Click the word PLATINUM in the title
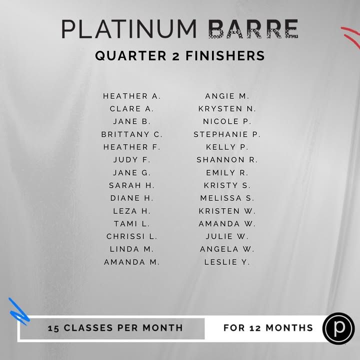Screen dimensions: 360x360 (129, 29)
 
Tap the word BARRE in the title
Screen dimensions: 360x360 (253, 29)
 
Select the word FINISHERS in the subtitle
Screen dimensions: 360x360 (225, 56)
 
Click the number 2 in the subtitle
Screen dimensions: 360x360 (176, 56)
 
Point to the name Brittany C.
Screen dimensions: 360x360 (132, 134)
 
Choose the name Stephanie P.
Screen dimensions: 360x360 (227, 134)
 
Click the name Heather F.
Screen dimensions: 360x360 (132, 147)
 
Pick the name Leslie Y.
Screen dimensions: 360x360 (227, 262)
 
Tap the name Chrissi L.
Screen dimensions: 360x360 (132, 236)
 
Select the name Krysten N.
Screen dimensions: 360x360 (227, 108)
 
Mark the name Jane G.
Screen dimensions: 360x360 (132, 172)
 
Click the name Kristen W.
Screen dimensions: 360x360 (227, 211)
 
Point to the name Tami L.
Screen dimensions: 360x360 (132, 223)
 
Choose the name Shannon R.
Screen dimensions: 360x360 (227, 160)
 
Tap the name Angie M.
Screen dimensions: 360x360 (227, 96)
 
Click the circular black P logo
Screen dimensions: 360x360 (338, 328)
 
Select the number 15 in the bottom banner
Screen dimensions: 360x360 (53, 328)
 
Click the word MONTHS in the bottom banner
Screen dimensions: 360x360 (289, 328)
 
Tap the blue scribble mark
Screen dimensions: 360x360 (19, 311)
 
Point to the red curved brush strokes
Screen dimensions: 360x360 (351, 36)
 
